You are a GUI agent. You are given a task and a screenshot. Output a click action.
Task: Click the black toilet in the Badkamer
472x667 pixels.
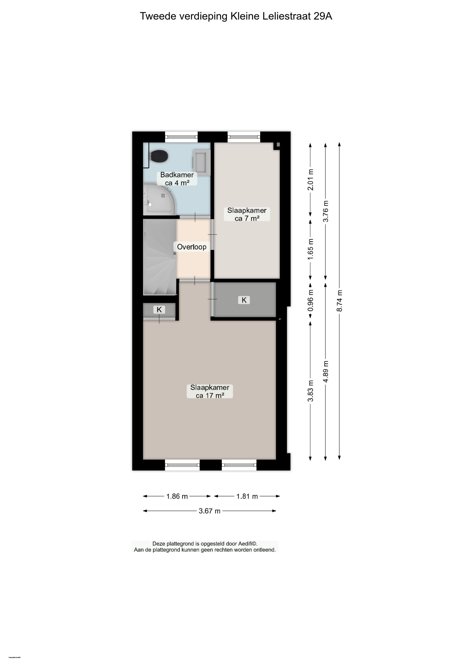pyautogui.click(x=159, y=156)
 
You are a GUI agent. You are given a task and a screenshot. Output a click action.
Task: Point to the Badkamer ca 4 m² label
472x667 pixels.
pyautogui.click(x=177, y=179)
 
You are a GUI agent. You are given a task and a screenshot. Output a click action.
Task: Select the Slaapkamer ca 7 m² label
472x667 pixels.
pyautogui.click(x=247, y=214)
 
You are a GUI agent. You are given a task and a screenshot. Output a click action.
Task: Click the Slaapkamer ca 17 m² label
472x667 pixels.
pyautogui.click(x=210, y=391)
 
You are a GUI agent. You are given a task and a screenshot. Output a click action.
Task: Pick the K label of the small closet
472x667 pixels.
pyautogui.click(x=159, y=310)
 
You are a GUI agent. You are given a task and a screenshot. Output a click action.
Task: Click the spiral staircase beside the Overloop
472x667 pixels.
pyautogui.click(x=159, y=257)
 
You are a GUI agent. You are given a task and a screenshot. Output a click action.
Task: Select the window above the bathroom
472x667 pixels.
pyautogui.click(x=181, y=137)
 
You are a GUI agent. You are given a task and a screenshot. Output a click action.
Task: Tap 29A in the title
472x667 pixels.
pyautogui.click(x=322, y=16)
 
